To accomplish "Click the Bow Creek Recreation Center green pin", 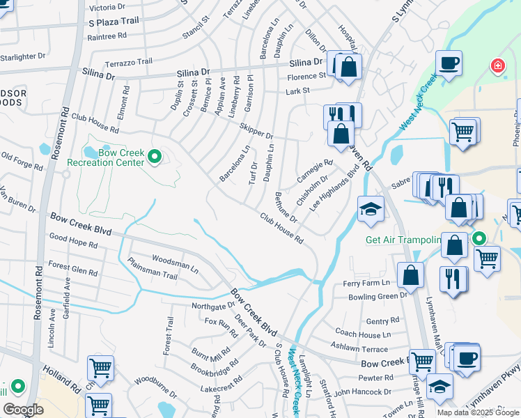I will [x=155, y=158].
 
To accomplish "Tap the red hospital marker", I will [x=497, y=66].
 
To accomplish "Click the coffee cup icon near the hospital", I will [x=449, y=63].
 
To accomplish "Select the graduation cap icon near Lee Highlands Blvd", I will [x=371, y=208].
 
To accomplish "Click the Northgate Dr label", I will [x=213, y=305].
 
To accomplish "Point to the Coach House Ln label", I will [x=362, y=334].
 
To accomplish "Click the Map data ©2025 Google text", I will [x=477, y=412].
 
